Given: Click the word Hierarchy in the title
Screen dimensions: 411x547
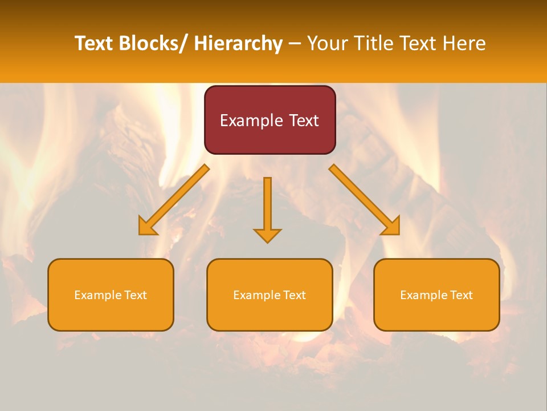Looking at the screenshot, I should (238, 43).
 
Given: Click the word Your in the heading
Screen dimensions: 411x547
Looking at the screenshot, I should (328, 43).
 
